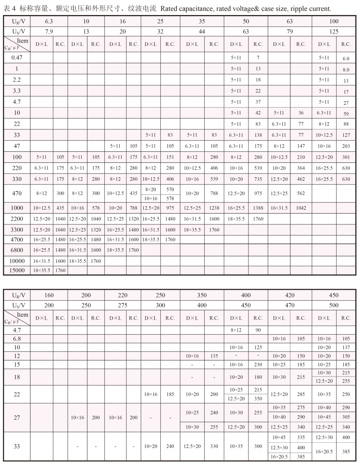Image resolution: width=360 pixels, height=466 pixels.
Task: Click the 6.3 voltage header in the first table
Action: click(49, 21)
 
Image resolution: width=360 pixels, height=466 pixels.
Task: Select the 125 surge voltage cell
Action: click(334, 32)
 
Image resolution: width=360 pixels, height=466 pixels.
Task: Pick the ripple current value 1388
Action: click(258, 207)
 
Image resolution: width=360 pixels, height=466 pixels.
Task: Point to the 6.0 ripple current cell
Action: click(346, 59)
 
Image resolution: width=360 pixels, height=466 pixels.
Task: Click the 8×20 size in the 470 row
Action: click(151, 189)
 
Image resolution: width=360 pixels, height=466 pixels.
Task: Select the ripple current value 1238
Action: click(214, 207)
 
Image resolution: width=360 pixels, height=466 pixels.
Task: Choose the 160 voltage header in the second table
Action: click(49, 295)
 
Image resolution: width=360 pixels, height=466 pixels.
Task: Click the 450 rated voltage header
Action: click(334, 295)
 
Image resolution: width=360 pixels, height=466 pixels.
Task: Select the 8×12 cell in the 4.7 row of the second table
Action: click(236, 330)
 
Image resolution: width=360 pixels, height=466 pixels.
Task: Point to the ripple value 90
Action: click(258, 330)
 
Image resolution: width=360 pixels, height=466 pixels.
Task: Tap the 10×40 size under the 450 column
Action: click(324, 407)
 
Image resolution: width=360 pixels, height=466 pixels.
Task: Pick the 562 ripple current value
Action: click(301, 193)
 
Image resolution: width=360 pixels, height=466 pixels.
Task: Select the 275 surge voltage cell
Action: click(123, 305)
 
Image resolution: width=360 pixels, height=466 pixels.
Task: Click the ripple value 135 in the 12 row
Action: click(214, 356)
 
